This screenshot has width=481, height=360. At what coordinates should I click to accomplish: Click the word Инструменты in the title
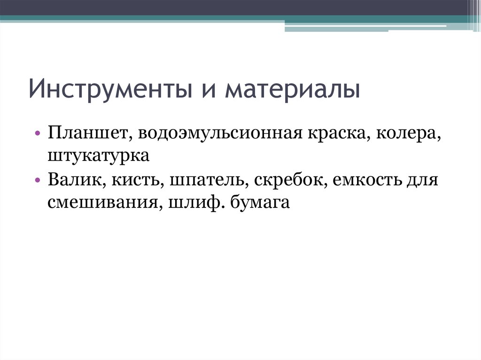coord(105,90)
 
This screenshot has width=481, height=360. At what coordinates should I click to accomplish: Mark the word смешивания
coord(101,203)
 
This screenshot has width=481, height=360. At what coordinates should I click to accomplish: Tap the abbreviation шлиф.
coord(190,203)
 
